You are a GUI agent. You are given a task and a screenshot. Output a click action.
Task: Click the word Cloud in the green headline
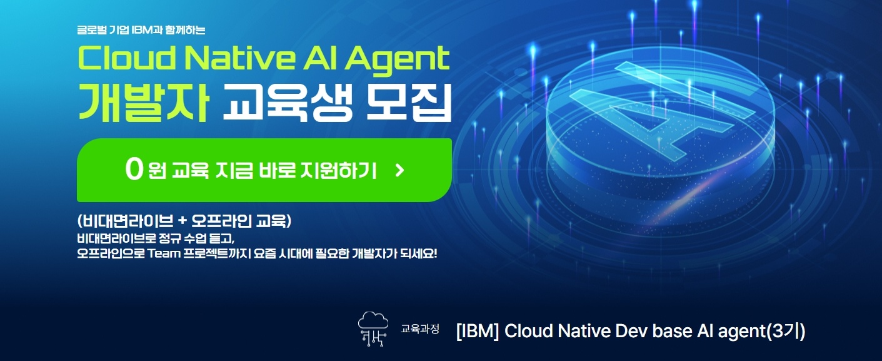tap(127, 58)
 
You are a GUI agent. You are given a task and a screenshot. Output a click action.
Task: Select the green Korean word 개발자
tap(143, 103)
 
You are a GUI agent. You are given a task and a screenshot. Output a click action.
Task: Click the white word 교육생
tap(288, 103)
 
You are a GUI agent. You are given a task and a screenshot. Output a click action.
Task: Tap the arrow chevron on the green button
tap(399, 170)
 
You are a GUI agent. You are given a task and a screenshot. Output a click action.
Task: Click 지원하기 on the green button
tap(338, 170)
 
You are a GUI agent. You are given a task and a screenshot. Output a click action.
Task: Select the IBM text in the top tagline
tap(143, 30)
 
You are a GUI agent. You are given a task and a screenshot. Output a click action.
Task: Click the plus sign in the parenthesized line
tap(182, 221)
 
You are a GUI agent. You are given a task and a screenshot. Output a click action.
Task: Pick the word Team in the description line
tap(164, 253)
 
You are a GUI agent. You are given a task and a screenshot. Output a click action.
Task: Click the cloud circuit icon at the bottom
tap(373, 329)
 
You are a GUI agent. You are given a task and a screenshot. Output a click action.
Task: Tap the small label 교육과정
tap(419, 328)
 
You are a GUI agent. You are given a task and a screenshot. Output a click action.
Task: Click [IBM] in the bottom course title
tap(477, 331)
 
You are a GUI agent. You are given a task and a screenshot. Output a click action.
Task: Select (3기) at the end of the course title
tap(786, 331)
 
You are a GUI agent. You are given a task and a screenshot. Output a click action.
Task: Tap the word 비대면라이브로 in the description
tap(116, 238)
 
